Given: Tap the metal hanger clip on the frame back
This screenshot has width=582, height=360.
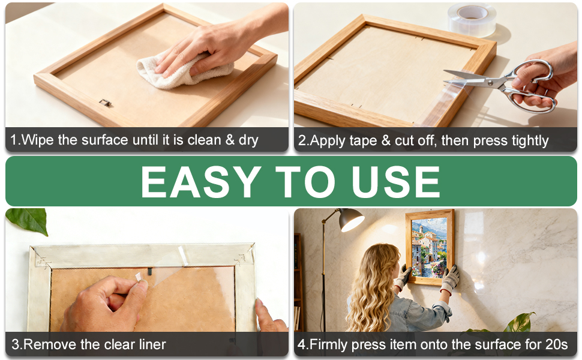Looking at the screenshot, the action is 105,103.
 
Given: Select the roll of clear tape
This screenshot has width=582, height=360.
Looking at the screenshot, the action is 472,20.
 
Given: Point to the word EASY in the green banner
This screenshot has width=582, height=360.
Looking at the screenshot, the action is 201,182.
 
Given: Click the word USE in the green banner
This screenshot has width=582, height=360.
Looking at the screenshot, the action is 395,182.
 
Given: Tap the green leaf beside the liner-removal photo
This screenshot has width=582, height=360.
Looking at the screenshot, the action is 28,220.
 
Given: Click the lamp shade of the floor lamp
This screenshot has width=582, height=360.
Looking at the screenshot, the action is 350,219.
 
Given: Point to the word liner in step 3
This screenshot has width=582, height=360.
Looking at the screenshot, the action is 152,344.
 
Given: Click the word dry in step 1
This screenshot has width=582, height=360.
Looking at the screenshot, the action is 248,140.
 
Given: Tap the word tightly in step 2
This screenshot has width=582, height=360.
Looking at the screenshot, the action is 530,141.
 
